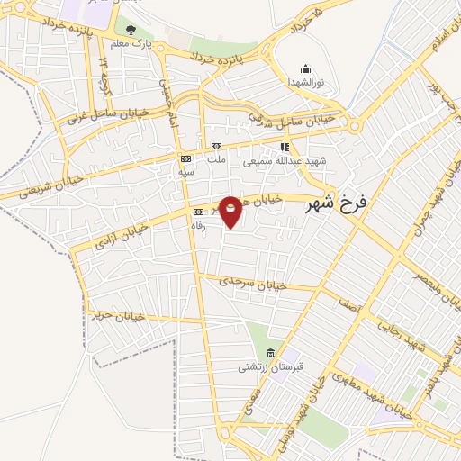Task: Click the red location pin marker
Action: pyautogui.click(x=230, y=211)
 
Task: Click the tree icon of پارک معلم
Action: pyautogui.click(x=131, y=30)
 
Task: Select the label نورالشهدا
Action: pyautogui.click(x=304, y=82)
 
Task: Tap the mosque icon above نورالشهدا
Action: pyautogui.click(x=305, y=68)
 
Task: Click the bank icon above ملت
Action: pyautogui.click(x=215, y=146)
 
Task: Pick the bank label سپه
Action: pyautogui.click(x=185, y=171)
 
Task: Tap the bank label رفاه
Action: pyautogui.click(x=198, y=226)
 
